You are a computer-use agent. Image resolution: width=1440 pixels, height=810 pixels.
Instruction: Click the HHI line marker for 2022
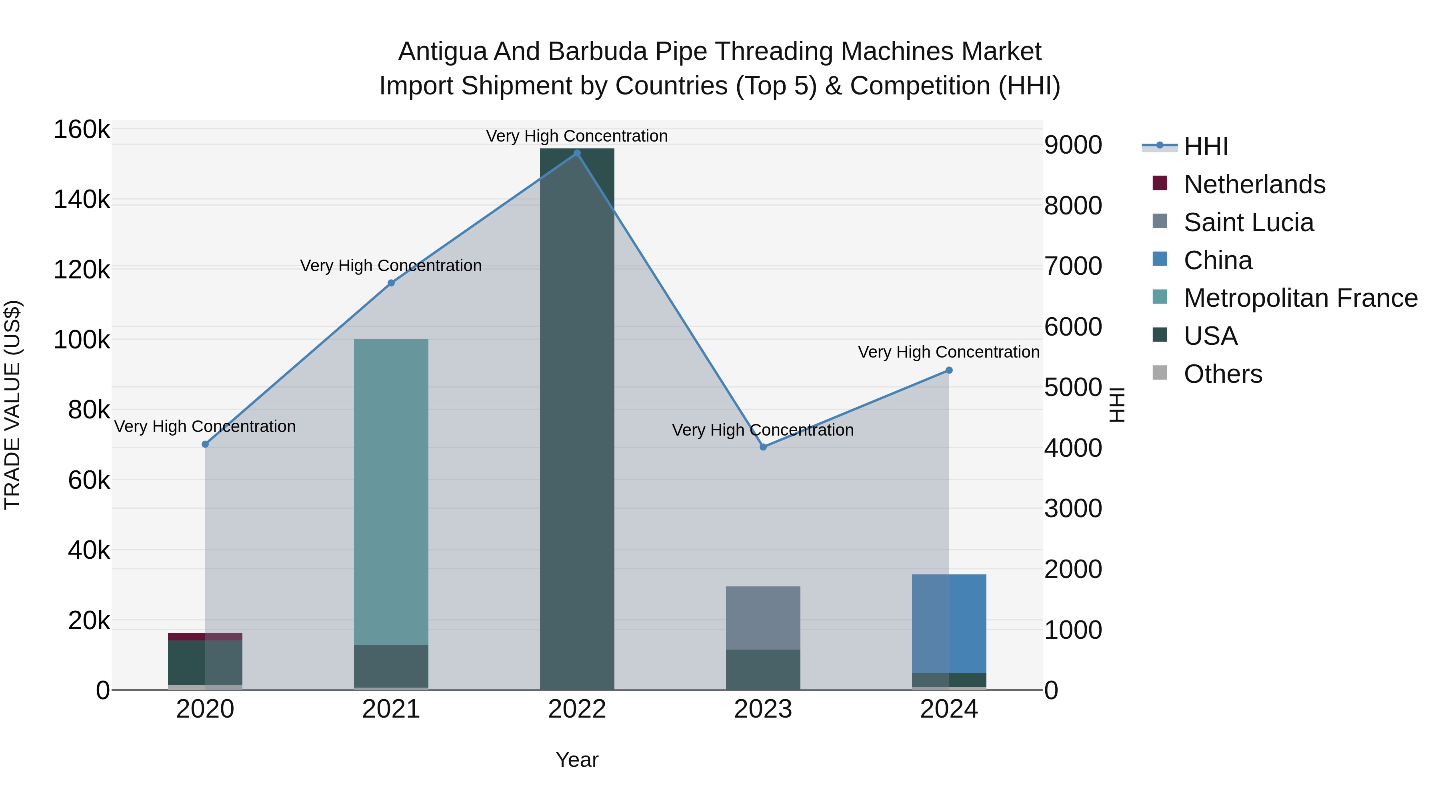577,153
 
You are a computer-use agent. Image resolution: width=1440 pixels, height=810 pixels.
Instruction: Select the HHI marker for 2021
391,283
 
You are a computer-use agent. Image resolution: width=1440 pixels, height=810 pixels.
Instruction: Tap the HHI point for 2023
763,447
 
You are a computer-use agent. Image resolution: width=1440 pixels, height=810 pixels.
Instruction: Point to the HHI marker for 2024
949,370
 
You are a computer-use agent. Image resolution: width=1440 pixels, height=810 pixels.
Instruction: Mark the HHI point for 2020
205,444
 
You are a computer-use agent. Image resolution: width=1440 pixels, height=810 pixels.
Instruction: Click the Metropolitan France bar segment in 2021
391,492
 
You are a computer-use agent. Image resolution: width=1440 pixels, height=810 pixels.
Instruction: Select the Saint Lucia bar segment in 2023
763,618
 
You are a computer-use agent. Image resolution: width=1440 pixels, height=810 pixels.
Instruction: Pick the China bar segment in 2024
949,623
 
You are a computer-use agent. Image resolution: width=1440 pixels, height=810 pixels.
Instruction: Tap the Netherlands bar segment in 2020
205,637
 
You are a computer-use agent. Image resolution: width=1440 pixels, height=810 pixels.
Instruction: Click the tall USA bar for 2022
577,419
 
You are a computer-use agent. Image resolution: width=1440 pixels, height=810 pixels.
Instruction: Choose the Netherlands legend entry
1254,184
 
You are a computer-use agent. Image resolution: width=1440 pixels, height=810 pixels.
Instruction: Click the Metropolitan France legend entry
1300,298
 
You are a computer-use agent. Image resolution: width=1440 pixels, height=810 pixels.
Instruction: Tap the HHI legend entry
1205,146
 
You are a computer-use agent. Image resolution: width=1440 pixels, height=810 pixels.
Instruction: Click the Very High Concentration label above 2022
577,136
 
